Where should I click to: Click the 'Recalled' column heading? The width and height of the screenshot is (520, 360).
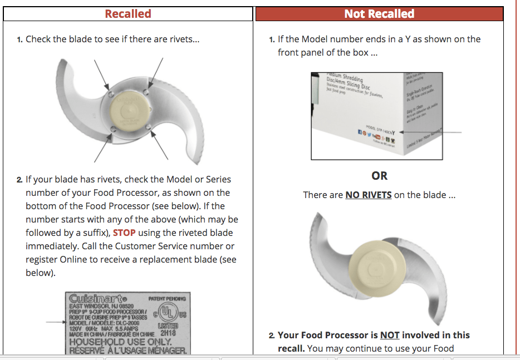click(128, 14)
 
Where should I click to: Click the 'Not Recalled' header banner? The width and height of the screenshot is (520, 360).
click(379, 14)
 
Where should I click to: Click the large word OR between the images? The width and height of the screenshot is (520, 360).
click(379, 176)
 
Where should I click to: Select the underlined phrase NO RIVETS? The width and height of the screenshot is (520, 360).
click(368, 195)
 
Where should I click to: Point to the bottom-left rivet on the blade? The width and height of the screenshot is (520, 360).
click(113, 129)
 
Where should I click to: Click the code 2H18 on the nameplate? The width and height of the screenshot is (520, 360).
click(168, 333)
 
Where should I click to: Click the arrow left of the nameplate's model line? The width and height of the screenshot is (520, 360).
click(55, 322)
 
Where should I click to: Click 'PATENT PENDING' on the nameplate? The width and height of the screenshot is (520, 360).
click(167, 299)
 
